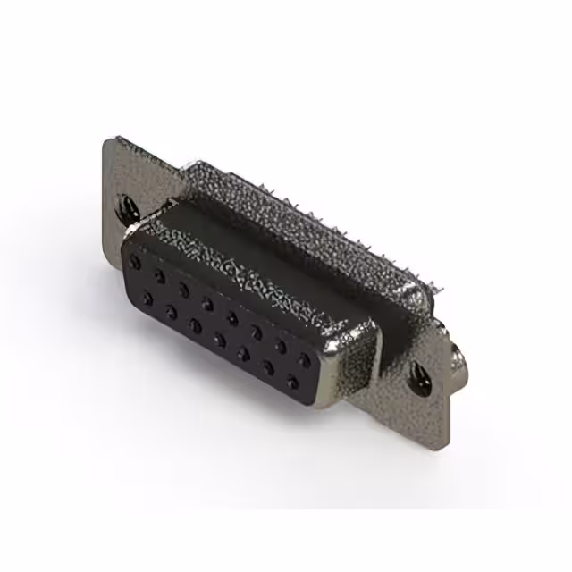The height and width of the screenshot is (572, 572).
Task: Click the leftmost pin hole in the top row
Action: coord(136,262)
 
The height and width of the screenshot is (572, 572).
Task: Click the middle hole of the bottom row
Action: coord(219,340)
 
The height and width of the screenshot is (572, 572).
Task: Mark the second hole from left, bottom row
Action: coord(171,311)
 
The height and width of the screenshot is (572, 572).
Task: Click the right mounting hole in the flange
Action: coord(418,378)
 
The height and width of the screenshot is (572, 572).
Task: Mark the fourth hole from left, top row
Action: coord(208,303)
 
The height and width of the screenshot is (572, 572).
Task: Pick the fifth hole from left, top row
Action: coord(232,316)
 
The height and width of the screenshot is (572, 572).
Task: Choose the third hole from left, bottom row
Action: coord(195,325)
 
